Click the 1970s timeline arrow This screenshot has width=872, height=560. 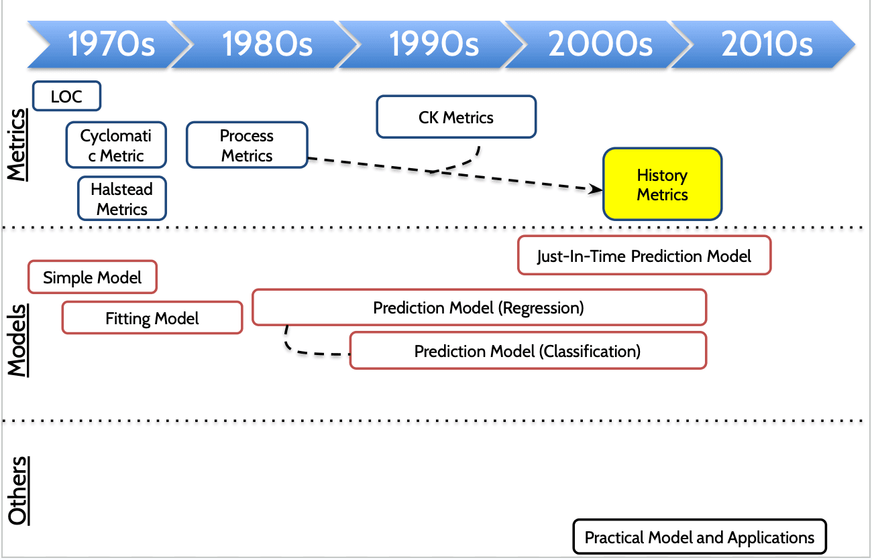coord(111,44)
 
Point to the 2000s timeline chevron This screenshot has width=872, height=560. coord(600,44)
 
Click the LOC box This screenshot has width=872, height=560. coord(67,96)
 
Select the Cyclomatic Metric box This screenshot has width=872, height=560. coord(116,145)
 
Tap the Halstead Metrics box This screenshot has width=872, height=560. coord(122,199)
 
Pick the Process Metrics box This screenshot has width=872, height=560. coord(247,145)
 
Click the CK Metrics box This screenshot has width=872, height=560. coord(456,117)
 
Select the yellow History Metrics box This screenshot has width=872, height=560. coord(663,184)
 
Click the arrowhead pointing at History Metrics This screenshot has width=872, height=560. coord(596,190)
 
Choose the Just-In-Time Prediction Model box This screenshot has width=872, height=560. coord(644,255)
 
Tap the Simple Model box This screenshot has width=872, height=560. coord(93,277)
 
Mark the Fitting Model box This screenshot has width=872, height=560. coord(152,318)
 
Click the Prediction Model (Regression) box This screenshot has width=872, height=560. coord(479,307)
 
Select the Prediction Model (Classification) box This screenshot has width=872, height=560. coord(528,351)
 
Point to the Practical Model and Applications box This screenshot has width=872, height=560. coord(700,537)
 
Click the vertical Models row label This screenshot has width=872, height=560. coord(18,341)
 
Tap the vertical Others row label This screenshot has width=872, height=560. coord(18,491)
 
